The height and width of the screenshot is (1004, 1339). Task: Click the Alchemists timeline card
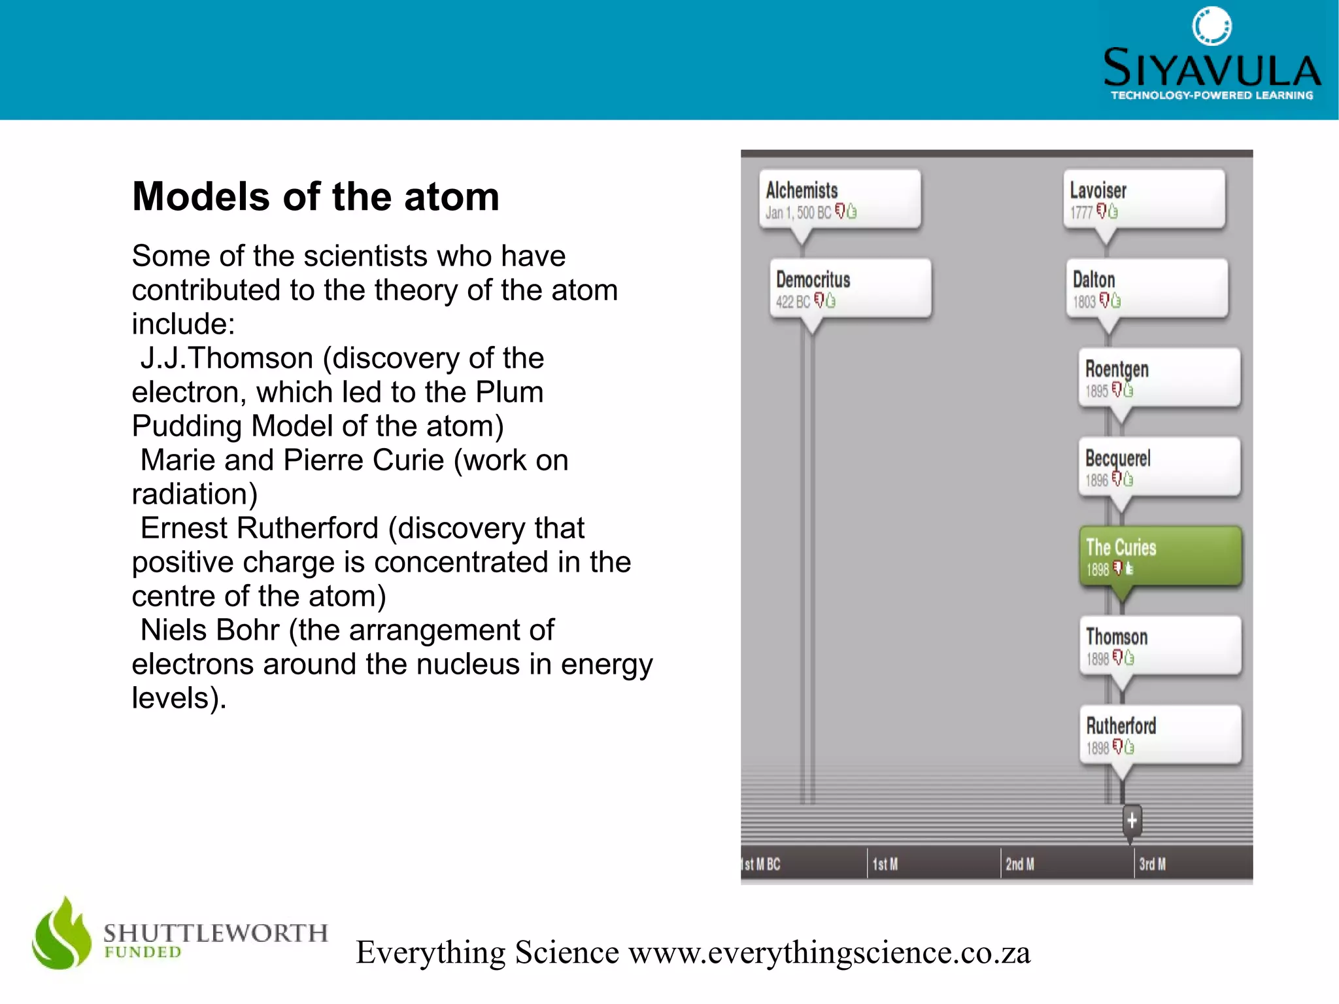[x=839, y=199]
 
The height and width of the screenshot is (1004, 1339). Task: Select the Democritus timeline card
[x=850, y=288]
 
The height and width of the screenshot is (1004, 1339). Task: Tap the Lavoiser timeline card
[x=1144, y=199]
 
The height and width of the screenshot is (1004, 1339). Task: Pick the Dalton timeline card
[x=1147, y=288]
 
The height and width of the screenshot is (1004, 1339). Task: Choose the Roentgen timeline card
[x=1159, y=377]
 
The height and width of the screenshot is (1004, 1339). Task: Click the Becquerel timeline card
[x=1159, y=466]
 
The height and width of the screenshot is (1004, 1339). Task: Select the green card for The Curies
[x=1160, y=556]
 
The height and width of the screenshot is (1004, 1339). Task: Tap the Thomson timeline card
[x=1160, y=645]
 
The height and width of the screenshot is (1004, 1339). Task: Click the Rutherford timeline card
[x=1160, y=734]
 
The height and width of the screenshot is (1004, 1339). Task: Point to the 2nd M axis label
[x=1019, y=864]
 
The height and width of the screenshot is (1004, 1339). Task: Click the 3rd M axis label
[x=1152, y=864]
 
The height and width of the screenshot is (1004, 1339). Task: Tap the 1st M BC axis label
[x=762, y=864]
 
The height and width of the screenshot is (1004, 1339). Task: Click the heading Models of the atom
[x=315, y=196]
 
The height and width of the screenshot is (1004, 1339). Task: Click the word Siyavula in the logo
[x=1212, y=68]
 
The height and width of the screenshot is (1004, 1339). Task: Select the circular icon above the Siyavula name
[x=1212, y=26]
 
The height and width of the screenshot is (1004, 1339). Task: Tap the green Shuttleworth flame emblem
[x=62, y=934]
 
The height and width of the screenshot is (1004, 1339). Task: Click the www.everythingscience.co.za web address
[x=829, y=952]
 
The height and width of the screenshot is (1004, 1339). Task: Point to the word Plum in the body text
[x=509, y=392]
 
